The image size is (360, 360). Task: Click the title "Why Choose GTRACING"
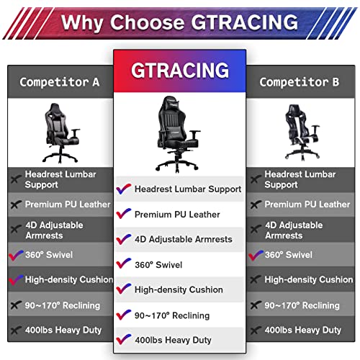pyautogui.click(x=179, y=21)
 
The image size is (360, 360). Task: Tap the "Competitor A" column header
pyautogui.click(x=60, y=81)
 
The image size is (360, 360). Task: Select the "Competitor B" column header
pyautogui.click(x=299, y=81)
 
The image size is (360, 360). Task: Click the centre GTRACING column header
pyautogui.click(x=180, y=71)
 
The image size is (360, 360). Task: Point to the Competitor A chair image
pyautogui.click(x=59, y=132)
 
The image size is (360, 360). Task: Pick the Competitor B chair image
pyautogui.click(x=300, y=132)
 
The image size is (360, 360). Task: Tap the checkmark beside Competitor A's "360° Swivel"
pyautogui.click(x=16, y=255)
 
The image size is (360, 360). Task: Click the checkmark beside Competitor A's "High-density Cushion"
pyautogui.click(x=16, y=279)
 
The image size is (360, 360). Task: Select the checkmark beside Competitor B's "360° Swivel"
pyautogui.click(x=255, y=255)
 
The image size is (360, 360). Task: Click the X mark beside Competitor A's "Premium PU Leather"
pyautogui.click(x=16, y=204)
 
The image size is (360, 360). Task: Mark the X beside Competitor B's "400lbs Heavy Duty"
pyautogui.click(x=255, y=330)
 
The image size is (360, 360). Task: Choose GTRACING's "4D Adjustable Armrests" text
pyautogui.click(x=183, y=239)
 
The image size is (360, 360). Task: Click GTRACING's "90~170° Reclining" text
pyautogui.click(x=171, y=315)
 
